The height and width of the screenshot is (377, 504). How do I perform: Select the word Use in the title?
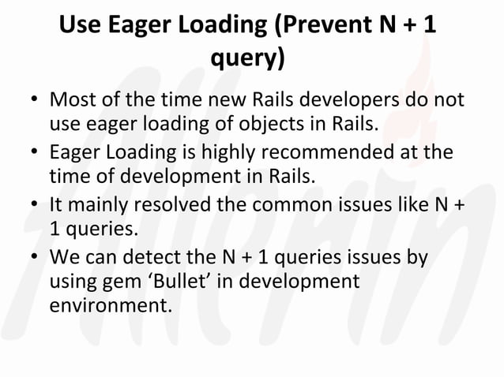[79, 25]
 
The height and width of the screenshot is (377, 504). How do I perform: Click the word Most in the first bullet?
[72, 102]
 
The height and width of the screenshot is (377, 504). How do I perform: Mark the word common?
[298, 203]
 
